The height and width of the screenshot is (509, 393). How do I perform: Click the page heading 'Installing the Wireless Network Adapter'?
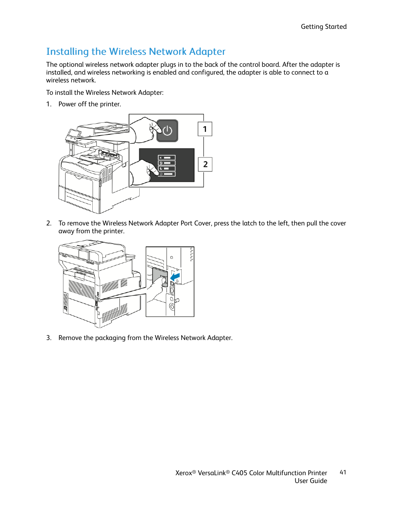point(136,52)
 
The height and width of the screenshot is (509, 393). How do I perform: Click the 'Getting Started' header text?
point(323,27)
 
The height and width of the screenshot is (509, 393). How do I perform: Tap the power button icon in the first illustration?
point(167,131)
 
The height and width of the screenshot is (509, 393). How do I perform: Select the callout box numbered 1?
point(205,129)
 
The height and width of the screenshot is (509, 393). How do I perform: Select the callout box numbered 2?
point(205,164)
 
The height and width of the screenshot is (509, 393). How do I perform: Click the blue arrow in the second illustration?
point(175,276)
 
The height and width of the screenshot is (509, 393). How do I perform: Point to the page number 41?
point(343,472)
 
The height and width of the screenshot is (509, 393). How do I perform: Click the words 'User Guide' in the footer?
point(311,481)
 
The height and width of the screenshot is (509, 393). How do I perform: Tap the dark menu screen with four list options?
point(167,165)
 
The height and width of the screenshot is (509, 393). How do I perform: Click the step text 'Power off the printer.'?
point(90,104)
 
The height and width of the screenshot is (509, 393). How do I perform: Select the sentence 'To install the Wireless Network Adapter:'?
point(105,93)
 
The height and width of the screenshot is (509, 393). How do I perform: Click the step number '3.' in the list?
point(49,338)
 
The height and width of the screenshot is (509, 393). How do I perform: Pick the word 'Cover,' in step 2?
point(203,223)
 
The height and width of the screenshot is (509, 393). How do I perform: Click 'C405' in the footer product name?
point(239,473)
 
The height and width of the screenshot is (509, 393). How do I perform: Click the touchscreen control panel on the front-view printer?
point(74,134)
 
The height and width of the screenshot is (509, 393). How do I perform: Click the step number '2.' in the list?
point(49,223)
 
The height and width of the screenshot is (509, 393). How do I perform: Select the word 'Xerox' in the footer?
point(184,473)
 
